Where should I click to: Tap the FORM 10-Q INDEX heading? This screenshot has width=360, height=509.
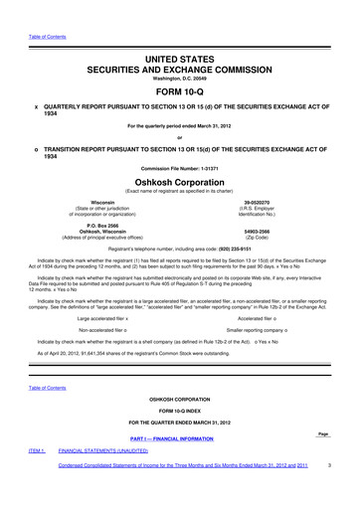point(179,438)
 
